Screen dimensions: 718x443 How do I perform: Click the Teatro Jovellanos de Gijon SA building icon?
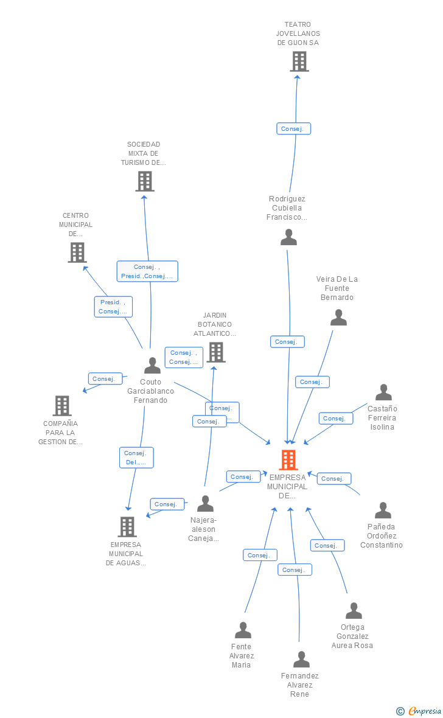299,61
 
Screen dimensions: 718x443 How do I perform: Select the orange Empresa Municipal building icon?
288,460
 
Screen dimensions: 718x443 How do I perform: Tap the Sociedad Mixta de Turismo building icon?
144,181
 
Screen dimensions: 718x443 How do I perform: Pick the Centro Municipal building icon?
77,252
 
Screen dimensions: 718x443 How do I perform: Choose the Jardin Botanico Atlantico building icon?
215,352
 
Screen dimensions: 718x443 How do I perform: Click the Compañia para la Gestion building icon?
61,405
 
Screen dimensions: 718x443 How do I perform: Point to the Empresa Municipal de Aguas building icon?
127,526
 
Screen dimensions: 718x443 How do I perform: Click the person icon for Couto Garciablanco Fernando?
152,365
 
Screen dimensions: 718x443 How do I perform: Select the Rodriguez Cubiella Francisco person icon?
288,237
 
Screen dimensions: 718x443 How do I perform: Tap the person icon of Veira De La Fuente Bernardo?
338,317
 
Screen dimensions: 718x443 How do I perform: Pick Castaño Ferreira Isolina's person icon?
383,392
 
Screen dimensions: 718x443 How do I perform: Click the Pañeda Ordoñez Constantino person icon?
383,510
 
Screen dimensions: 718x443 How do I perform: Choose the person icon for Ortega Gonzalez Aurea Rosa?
354,611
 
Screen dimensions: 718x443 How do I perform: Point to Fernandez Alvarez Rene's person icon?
301,660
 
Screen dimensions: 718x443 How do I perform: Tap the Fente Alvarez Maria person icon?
243,630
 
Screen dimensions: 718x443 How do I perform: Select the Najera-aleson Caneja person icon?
205,504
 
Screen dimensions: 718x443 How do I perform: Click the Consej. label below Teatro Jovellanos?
294,129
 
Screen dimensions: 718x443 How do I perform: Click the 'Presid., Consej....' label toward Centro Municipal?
113,307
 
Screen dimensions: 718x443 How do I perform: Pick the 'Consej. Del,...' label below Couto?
136,458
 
